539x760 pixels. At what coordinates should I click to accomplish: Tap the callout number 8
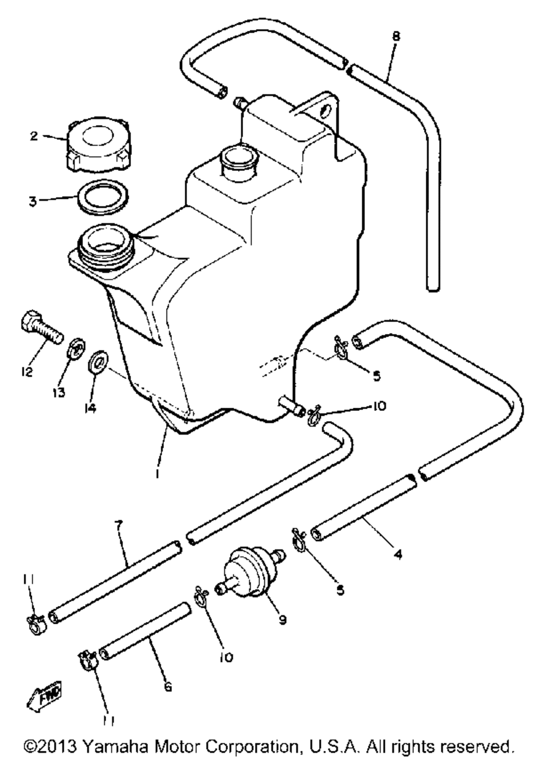396,37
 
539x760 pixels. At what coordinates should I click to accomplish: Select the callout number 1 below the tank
157,473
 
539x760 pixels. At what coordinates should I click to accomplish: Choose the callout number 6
168,687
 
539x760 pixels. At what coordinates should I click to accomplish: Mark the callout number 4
398,554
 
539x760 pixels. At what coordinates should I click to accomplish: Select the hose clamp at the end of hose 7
37,623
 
